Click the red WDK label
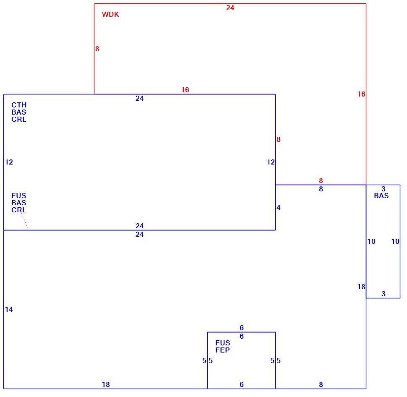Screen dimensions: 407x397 coord(110,14)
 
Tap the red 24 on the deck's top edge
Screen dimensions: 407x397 coord(230,8)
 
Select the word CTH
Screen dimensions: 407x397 coord(19,105)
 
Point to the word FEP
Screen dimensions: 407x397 coord(222,350)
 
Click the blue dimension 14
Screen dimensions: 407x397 coord(9,309)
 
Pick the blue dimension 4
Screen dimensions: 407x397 coord(279,207)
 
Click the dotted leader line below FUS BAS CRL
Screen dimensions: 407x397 coord(25,222)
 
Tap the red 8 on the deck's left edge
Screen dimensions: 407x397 coord(97,49)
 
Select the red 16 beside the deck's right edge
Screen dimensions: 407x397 coord(361,94)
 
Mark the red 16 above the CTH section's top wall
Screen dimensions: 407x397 coord(185,90)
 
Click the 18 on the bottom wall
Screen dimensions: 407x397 coord(106,384)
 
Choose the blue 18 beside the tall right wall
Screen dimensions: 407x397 coord(361,287)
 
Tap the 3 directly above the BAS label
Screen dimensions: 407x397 coord(384,189)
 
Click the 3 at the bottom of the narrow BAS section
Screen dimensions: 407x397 coord(384,294)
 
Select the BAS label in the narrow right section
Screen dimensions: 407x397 coord(381,196)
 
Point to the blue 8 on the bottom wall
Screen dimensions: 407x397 coord(321,384)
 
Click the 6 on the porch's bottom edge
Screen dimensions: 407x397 coord(242,384)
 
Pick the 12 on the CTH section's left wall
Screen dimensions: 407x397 coord(9,162)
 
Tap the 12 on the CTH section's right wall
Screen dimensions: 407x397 coord(271,162)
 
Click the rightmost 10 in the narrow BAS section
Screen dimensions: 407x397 coord(395,241)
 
